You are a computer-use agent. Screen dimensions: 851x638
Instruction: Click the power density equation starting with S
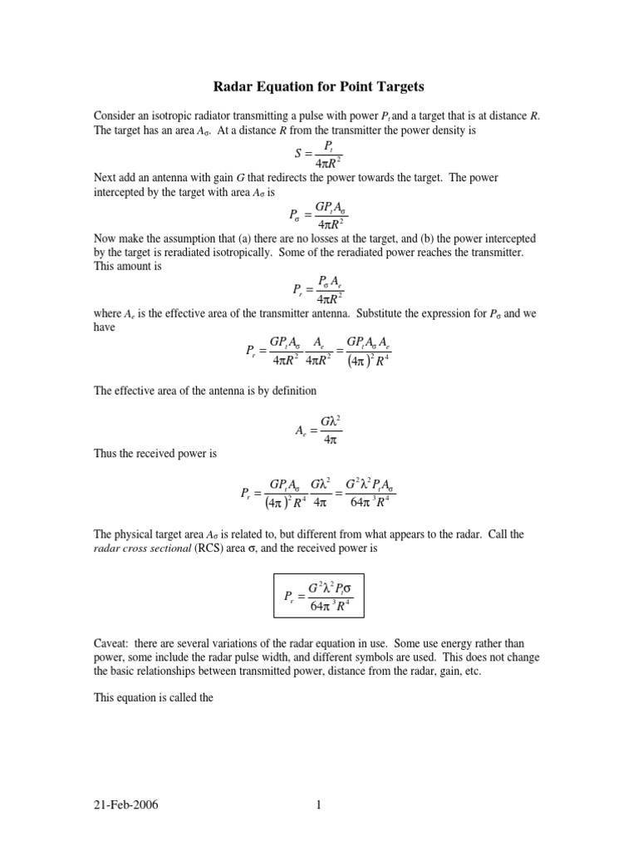[318, 155]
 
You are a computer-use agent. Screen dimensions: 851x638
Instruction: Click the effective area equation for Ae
[318, 429]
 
